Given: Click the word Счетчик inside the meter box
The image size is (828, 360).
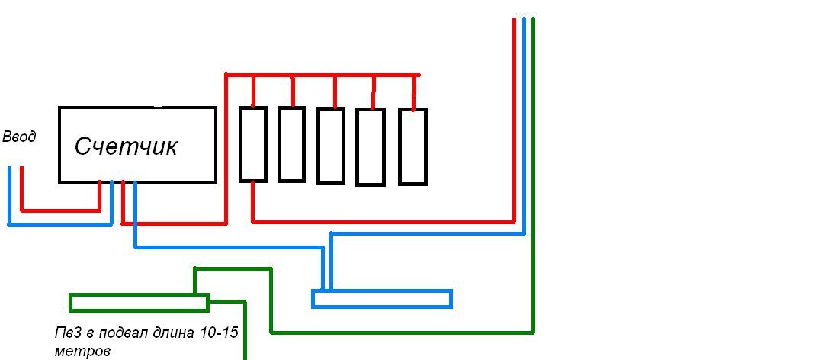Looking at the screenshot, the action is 126,146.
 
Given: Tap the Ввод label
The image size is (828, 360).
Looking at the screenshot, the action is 20,137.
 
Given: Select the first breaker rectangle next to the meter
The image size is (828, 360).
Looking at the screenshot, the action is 253,144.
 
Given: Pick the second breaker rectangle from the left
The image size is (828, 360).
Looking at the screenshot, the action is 291,144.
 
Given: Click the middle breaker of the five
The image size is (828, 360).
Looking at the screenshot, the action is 331,146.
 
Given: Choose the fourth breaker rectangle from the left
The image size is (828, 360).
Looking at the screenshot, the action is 371,147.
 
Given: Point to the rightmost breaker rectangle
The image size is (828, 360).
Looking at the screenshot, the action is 412,146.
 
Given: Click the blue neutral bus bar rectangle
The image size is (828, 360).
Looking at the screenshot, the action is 382,299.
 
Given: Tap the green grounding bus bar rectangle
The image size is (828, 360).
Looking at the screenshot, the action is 139,303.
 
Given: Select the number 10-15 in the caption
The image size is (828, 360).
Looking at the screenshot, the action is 219,333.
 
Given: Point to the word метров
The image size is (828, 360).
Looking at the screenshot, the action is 82,351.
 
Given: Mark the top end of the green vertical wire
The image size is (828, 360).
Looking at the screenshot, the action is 533,18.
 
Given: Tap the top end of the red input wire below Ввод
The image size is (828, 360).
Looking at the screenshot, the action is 21,168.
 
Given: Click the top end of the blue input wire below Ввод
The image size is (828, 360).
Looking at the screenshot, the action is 9,168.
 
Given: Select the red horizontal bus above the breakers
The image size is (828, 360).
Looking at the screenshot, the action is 323,75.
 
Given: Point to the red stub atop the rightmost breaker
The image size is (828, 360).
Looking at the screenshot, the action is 415,92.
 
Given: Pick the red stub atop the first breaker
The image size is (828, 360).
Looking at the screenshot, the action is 253,92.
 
